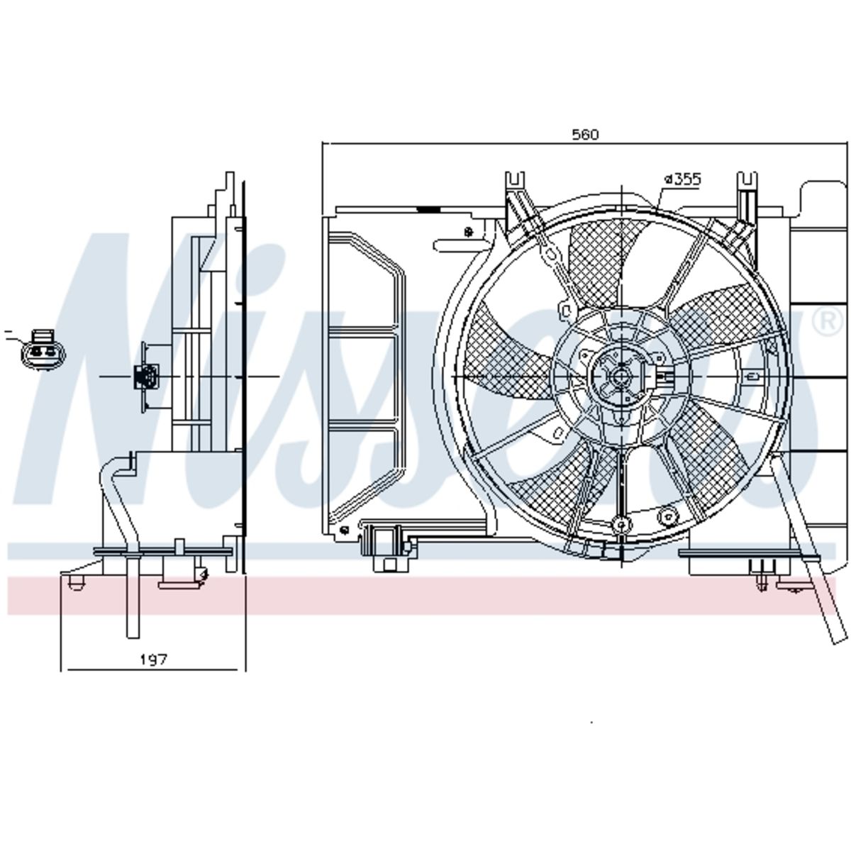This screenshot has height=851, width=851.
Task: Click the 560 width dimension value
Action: pos(585,134)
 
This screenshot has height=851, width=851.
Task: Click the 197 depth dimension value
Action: pos(154,660)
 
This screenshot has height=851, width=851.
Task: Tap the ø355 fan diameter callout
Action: pos(683,179)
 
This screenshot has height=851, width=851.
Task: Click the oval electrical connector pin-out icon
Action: pos(43,350)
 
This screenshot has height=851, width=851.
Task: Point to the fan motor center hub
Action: pos(621,377)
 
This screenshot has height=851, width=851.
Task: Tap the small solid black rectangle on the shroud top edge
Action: pos(428,209)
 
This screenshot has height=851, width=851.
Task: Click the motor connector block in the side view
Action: pos(144,377)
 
